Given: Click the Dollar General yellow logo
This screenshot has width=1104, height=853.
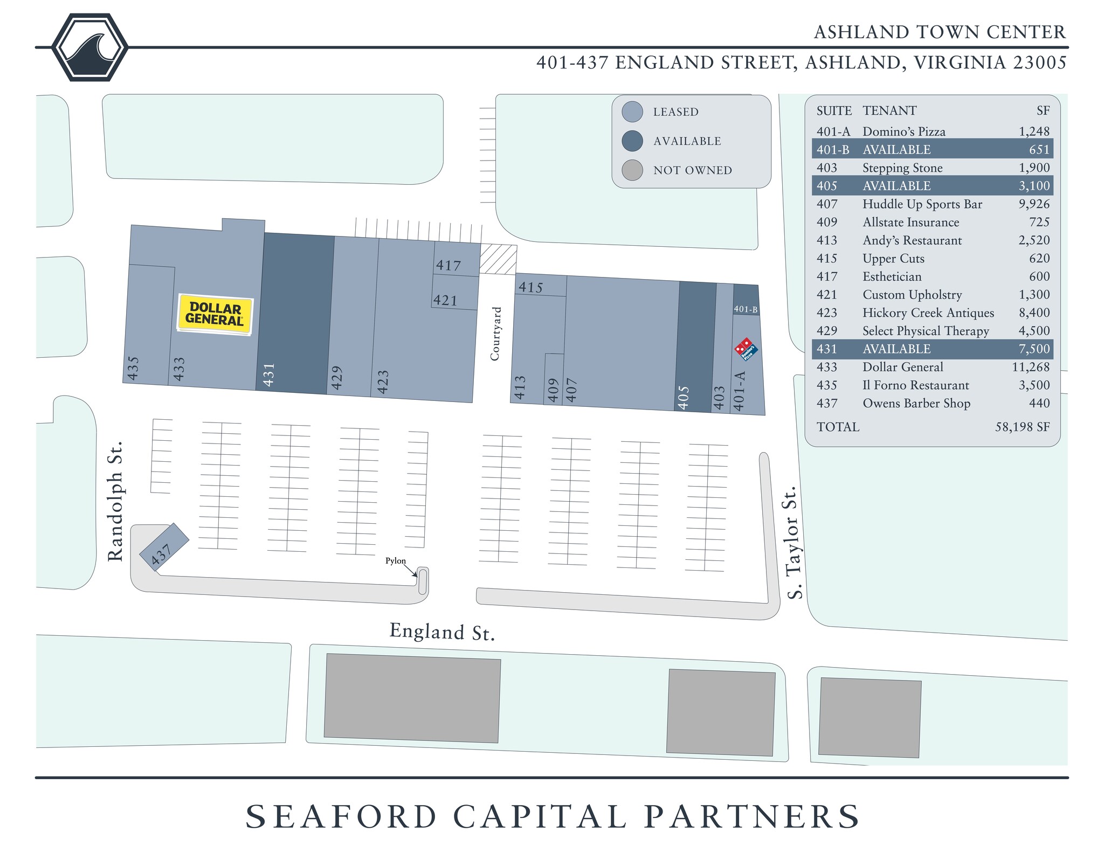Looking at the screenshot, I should coord(215,315).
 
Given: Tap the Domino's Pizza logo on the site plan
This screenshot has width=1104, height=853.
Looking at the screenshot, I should coord(746,349).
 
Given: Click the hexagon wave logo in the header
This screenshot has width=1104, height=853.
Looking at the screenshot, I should coord(90,47).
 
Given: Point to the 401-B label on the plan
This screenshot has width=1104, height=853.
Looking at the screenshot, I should coord(746,309).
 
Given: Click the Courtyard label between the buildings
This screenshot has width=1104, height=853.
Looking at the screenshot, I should coord(495,334).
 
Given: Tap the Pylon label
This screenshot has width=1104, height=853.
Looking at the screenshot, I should coord(395,561).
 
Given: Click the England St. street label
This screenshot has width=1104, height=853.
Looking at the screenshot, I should coord(442,632).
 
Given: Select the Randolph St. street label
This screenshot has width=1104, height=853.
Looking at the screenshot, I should coord(116,501).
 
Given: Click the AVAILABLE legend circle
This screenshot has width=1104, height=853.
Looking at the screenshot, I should coord(632,141).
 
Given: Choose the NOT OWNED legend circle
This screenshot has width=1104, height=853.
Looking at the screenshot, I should coord(632,170).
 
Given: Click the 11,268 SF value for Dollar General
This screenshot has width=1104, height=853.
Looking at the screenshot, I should coord(1031,367).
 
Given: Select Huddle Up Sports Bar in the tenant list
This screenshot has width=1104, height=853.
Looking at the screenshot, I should coord(922,204).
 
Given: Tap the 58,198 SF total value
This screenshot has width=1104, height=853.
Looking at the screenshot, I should coord(1022,427).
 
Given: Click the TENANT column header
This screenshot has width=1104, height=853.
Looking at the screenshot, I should coord(889,110).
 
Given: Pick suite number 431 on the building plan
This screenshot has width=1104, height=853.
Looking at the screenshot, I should coord(269,375).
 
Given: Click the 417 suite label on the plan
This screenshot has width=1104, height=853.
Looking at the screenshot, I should coord(448,265).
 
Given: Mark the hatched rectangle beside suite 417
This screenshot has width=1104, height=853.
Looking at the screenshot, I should coord(498,260).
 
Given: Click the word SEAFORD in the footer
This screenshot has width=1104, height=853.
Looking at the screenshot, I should coord(341,816).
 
